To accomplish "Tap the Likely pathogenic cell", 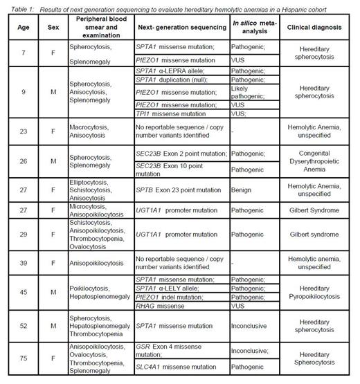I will click(x=246, y=87).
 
